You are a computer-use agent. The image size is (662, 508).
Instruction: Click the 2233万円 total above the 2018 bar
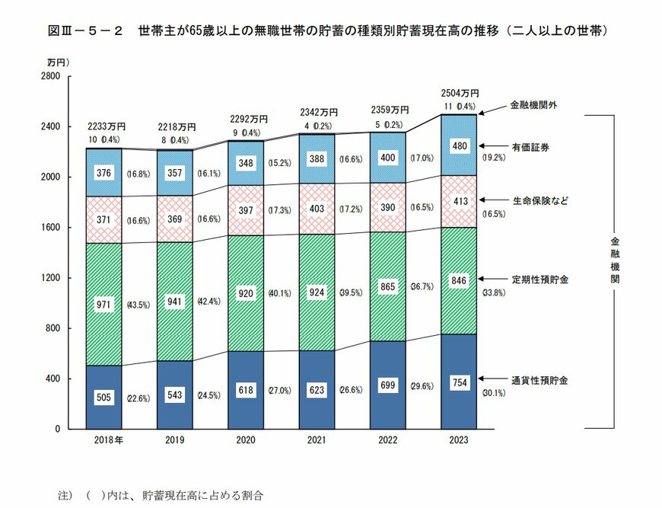106,126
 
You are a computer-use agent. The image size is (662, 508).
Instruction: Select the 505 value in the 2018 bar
103,396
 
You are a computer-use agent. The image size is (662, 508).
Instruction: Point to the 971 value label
103,305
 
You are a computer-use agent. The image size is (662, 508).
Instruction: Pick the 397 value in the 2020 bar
246,209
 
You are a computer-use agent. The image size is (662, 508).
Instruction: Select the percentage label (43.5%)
139,305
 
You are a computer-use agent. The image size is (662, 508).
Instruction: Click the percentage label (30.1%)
494,393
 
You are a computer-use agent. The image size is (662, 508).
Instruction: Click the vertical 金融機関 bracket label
614,259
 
